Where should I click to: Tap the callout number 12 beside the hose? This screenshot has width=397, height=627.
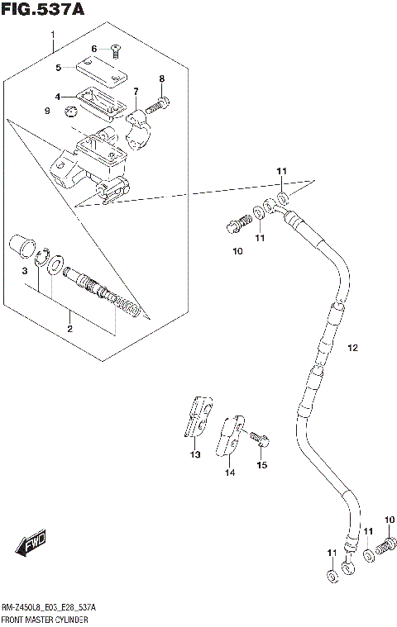tap(353, 348)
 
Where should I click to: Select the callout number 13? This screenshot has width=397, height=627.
tap(195, 454)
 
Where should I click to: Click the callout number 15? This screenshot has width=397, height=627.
tap(262, 465)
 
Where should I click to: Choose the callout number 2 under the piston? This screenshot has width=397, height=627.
tap(70, 329)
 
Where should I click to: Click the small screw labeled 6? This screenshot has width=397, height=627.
tap(114, 50)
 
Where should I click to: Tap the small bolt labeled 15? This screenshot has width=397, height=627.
tap(259, 437)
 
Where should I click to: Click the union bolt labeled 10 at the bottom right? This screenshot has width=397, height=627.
tap(385, 545)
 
